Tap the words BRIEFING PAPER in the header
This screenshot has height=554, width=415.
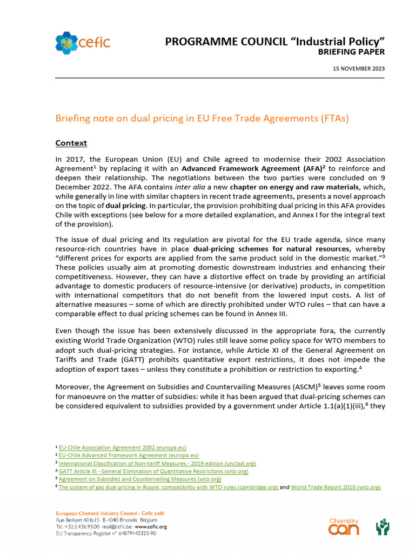[x=352, y=52]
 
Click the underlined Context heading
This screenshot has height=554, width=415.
[x=71, y=143]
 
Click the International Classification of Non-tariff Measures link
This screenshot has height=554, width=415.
[x=157, y=464]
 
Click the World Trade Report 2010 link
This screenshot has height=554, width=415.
[x=336, y=487]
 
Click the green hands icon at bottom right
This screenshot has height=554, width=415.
[x=383, y=526]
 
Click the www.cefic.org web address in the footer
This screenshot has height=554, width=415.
[x=151, y=526]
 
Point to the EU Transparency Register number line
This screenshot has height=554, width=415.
[x=106, y=533]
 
